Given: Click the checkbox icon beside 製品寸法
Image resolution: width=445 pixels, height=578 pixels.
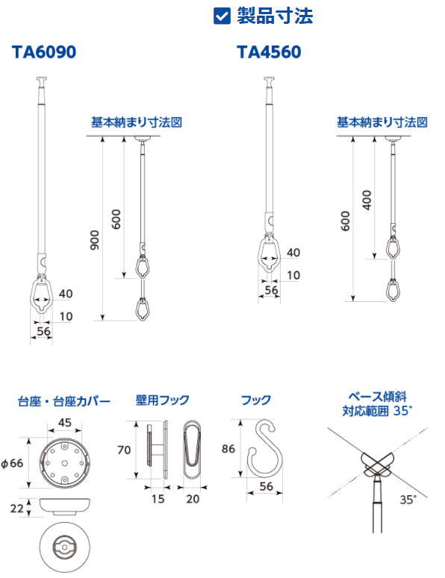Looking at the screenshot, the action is point(222,16).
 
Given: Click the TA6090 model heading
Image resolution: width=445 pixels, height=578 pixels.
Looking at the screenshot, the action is point(44,52).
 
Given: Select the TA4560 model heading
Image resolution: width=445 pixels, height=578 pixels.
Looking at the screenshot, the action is point(269,52).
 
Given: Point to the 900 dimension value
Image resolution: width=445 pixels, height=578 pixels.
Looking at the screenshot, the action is point(95,240).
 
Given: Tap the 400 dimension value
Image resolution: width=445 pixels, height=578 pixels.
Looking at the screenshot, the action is point(367,200).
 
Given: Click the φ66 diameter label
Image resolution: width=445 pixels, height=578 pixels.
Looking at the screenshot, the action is point(13,463).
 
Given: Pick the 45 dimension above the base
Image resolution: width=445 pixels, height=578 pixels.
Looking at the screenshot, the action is point(64,422).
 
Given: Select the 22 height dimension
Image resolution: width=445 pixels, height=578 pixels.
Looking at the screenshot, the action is point(16,509).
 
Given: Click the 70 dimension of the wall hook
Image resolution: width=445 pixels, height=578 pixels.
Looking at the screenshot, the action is point(124,450).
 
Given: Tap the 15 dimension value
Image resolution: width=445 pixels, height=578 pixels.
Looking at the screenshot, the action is point(158,499).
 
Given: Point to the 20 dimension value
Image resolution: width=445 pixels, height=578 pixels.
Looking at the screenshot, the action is point(193,499).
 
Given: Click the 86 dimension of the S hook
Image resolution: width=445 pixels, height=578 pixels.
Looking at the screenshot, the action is point(228,449).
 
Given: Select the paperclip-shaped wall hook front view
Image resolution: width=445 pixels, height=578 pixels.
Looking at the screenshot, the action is point(192,450).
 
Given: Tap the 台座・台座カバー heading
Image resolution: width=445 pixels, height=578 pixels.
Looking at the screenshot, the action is point(64,401).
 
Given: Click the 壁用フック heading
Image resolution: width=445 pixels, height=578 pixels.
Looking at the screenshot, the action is point(162,400).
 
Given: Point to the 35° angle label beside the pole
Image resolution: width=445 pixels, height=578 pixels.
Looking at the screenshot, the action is point(408,500).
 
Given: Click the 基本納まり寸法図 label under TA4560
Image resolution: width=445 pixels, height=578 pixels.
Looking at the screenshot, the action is point(382,122).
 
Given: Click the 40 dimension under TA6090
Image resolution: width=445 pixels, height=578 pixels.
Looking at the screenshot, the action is point(66,294).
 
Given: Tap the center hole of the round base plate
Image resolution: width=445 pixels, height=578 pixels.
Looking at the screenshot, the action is point(64,463).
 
